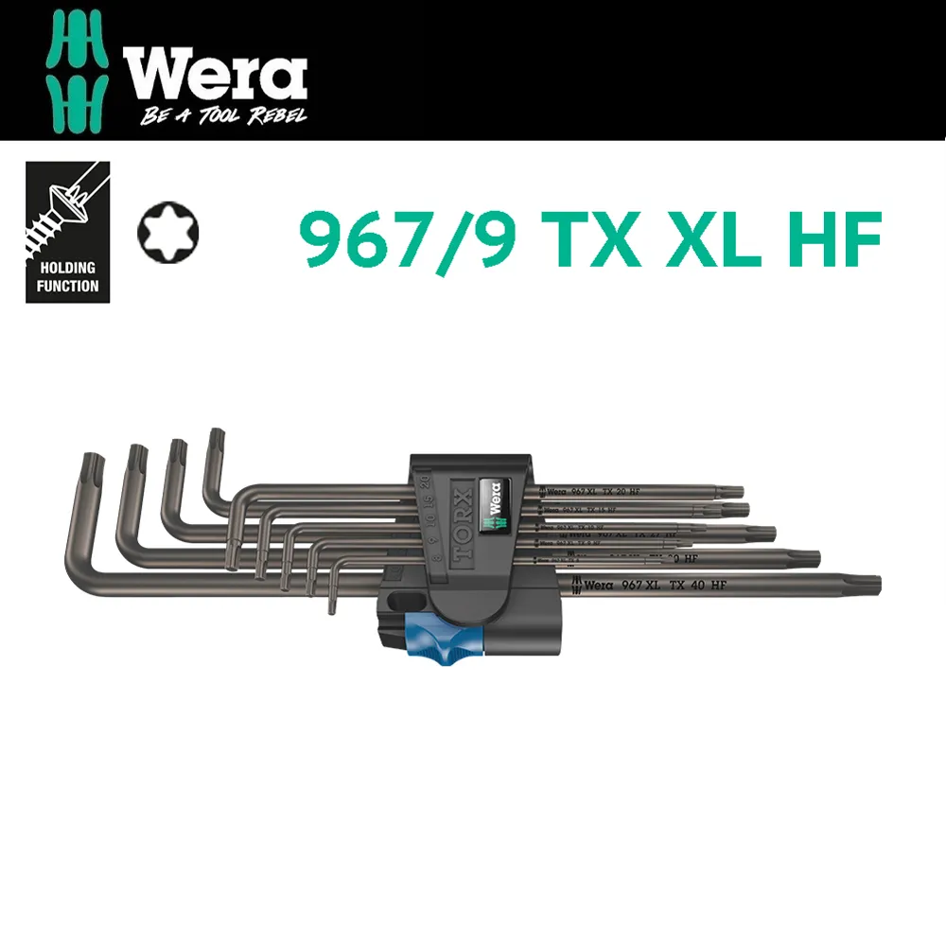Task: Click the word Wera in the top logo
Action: click(x=213, y=76)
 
